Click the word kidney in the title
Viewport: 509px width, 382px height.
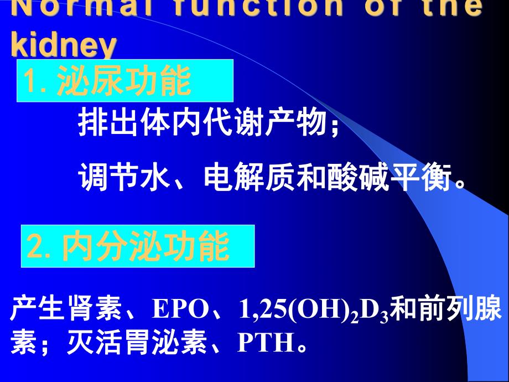pos(64,45)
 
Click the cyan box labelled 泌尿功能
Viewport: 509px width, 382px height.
pos(125,81)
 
